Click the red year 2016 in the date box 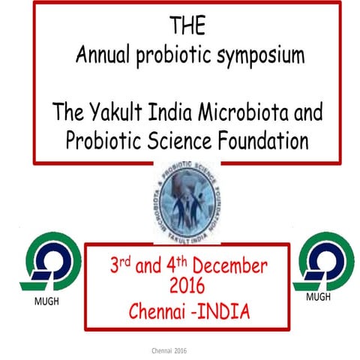[x=187, y=287]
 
